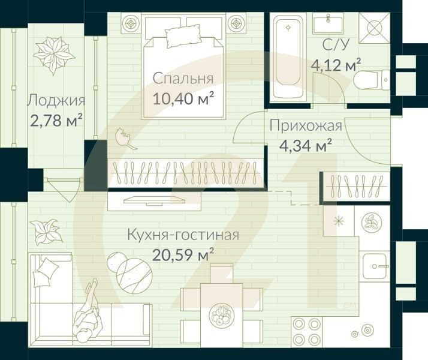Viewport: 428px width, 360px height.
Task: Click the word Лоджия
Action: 56,101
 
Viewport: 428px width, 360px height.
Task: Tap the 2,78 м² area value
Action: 56,121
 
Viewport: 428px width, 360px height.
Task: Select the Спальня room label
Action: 183,79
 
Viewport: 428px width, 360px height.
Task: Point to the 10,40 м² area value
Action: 183,98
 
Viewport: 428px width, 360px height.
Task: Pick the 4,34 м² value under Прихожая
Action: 306,145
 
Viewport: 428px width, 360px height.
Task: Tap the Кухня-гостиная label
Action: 183,235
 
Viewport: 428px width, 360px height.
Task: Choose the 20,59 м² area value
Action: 183,255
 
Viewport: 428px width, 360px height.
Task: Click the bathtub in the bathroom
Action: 288,58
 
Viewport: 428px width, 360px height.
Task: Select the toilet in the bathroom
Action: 372,79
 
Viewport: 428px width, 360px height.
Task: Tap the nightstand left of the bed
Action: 131,24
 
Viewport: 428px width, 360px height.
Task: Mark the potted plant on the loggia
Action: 54,55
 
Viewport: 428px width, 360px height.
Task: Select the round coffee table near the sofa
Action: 133,271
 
